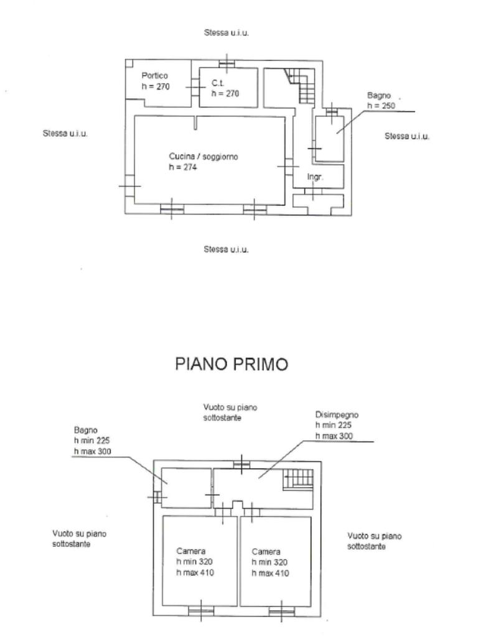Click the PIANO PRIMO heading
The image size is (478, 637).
pyautogui.click(x=232, y=363)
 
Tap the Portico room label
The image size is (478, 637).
pyautogui.click(x=154, y=75)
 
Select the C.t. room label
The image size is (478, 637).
pyautogui.click(x=218, y=83)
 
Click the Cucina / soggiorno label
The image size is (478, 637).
pyautogui.click(x=204, y=156)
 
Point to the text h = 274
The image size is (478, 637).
pyautogui.click(x=183, y=167)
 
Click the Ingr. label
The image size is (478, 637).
pyautogui.click(x=315, y=177)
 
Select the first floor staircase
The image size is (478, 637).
pyautogui.click(x=299, y=479)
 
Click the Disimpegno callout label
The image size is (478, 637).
pyautogui.click(x=337, y=415)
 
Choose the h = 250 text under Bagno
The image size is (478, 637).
pyautogui.click(x=382, y=106)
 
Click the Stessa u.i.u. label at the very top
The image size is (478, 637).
pyautogui.click(x=227, y=32)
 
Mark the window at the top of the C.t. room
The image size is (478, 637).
pyautogui.click(x=227, y=64)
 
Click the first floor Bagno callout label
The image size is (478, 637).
pyautogui.click(x=85, y=430)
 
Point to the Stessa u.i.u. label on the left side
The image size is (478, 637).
pyautogui.click(x=65, y=133)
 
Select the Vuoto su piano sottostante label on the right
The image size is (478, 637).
pyautogui.click(x=374, y=541)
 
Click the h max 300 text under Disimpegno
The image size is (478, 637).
pyautogui.click(x=334, y=436)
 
